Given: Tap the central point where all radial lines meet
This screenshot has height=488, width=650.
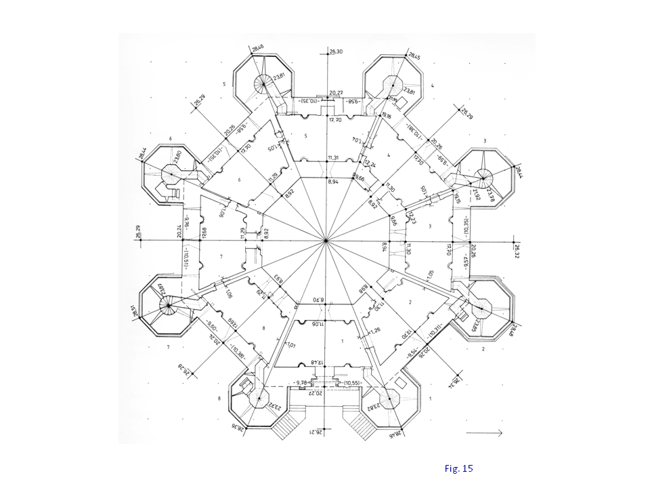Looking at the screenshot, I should (326, 241).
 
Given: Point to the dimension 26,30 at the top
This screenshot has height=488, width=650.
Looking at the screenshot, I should (336, 52).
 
